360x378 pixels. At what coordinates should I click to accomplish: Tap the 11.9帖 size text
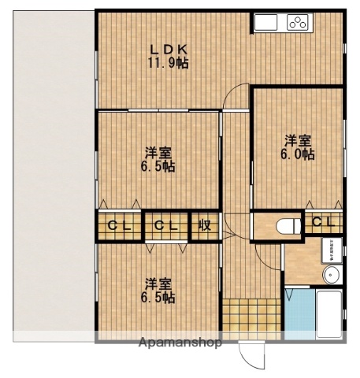point(169,64)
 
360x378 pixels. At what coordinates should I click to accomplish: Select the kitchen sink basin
point(265,23)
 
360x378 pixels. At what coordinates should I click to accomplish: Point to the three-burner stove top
point(299,23)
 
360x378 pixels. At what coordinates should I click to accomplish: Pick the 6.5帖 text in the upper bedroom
point(158,166)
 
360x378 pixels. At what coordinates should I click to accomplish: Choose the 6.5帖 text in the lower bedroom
point(158,298)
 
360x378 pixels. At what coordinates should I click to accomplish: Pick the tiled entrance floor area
point(250,317)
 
